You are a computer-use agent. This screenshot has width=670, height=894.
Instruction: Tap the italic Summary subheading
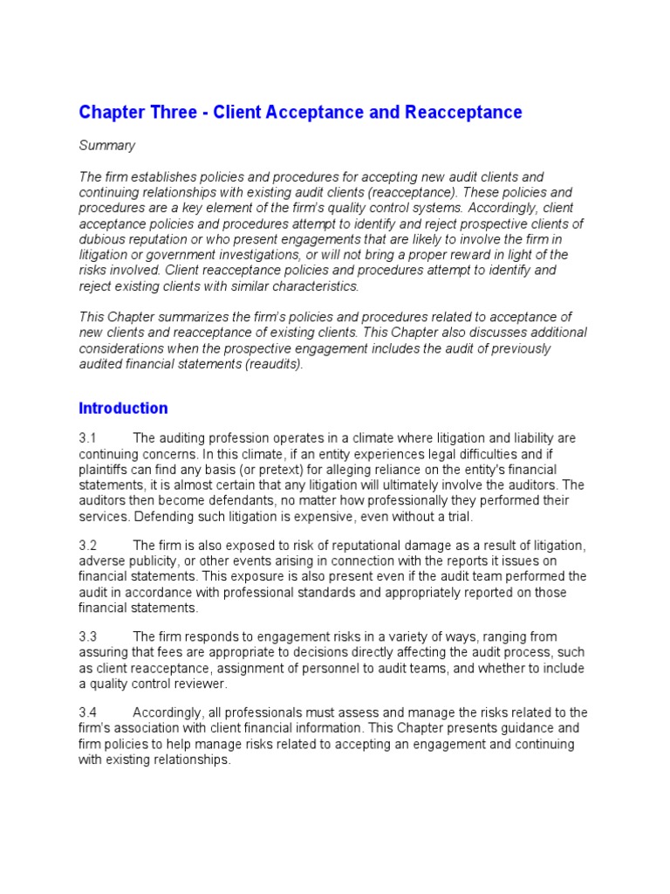[107, 145]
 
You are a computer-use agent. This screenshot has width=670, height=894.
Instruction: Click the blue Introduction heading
[123, 408]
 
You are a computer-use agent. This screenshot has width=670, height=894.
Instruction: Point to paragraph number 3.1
[88, 438]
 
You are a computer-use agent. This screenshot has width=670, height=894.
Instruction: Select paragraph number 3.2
[88, 546]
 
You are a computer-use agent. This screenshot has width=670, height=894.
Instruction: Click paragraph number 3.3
[88, 637]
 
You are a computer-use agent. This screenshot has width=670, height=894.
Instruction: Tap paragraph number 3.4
[88, 712]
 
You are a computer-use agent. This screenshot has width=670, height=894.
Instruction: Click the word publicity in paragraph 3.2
[158, 561]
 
